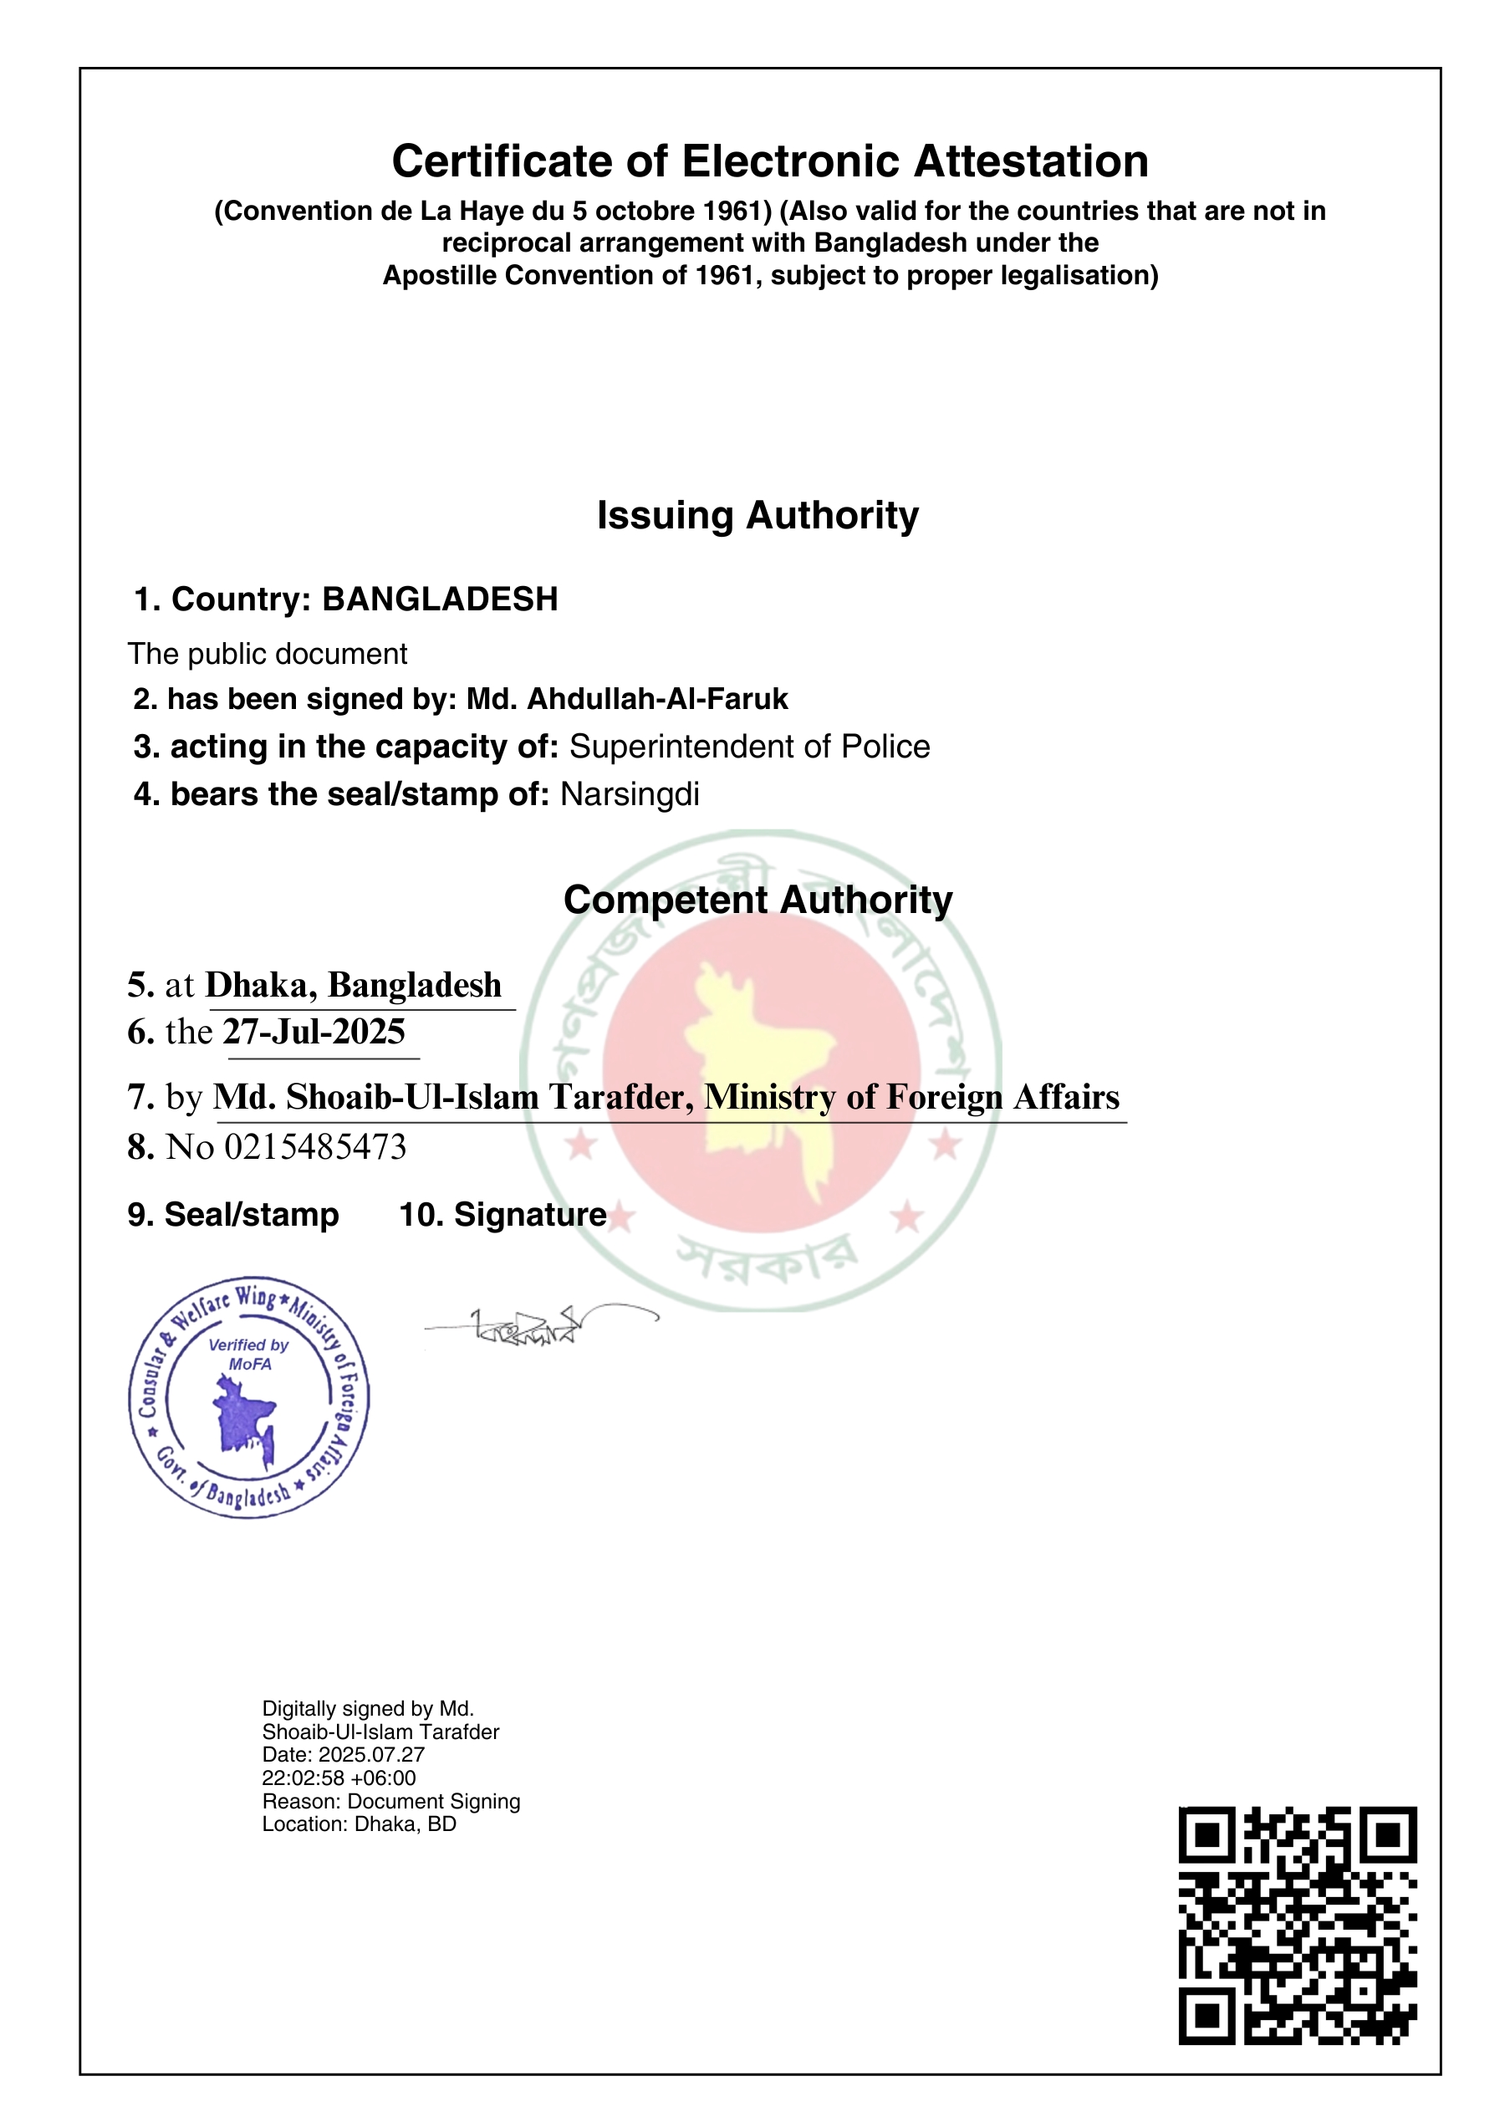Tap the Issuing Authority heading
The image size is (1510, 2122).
(757, 515)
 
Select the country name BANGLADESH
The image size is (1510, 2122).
(440, 599)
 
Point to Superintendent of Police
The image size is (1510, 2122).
(749, 747)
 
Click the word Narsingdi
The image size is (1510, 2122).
(630, 794)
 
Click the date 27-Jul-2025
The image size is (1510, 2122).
(314, 1033)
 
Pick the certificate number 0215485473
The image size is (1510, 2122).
(315, 1147)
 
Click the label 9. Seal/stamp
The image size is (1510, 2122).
(233, 1215)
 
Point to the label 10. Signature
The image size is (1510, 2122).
(503, 1215)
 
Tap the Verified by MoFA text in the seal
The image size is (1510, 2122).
(248, 1354)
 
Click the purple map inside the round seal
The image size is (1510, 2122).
(244, 1417)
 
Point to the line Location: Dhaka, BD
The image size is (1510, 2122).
(359, 1824)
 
